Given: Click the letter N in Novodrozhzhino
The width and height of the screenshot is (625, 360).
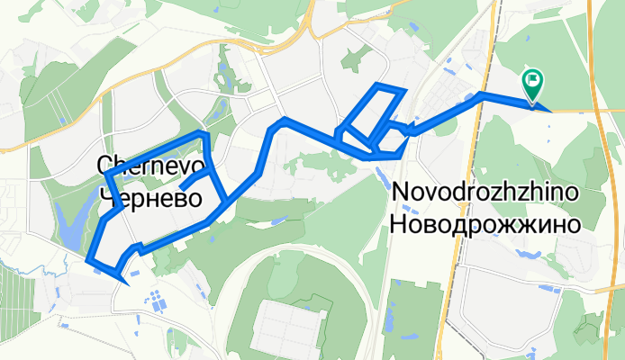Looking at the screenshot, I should (x=401, y=194).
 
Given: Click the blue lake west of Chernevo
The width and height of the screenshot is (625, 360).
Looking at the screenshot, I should (x=65, y=223).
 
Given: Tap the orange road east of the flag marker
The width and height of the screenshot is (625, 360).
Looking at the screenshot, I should (x=585, y=110).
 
